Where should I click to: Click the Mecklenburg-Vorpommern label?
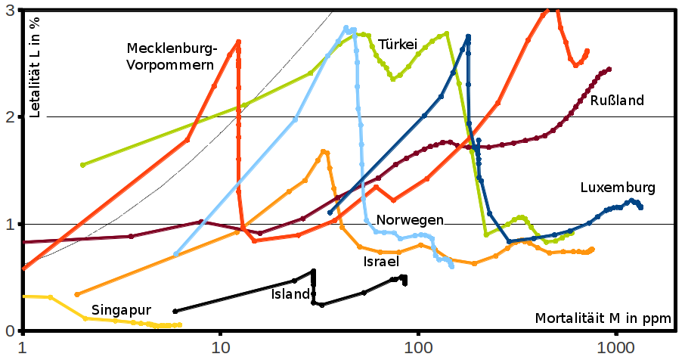(172, 57)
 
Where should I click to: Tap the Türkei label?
(398, 44)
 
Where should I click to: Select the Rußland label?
(617, 101)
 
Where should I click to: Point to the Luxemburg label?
(618, 188)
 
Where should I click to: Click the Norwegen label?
(410, 220)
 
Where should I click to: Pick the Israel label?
(376, 261)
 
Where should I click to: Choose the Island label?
(291, 294)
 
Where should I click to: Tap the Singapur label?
(122, 310)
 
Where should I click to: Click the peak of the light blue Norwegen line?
(346, 28)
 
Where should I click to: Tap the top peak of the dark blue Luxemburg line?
(469, 36)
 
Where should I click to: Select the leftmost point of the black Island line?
(175, 311)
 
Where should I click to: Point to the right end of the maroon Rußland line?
(609, 69)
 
